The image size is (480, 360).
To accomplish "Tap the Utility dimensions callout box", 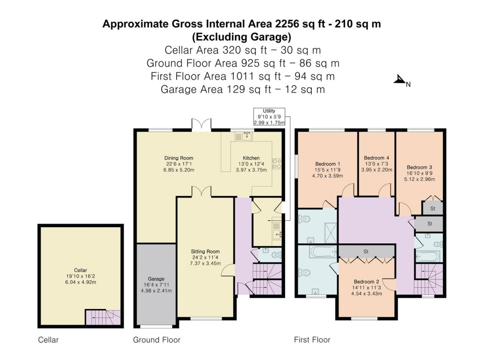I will [269, 116].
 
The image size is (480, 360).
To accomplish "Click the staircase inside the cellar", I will [102, 317].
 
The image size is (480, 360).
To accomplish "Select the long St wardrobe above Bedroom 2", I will [366, 252].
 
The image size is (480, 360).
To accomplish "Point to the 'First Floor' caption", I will [312, 340].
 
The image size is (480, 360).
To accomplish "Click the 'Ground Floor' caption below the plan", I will [157, 340].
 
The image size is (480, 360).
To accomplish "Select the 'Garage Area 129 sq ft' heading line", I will [242, 89].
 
